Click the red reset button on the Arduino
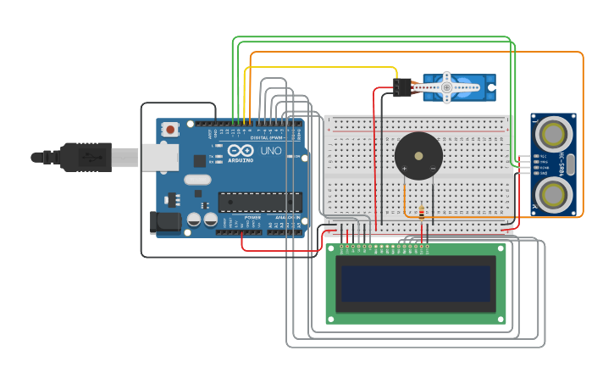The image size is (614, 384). tap(170, 130)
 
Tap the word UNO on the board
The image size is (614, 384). tap(270, 151)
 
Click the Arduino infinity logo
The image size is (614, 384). tap(240, 150)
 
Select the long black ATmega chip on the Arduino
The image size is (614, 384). tap(260, 202)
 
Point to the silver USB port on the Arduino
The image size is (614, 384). tap(159, 158)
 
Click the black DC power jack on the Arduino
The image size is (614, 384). tap(164, 222)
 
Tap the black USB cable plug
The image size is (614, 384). tap(85, 157)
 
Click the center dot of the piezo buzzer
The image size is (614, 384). tap(418, 156)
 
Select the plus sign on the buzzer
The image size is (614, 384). tap(404, 168)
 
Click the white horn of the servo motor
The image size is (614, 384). tap(449, 86)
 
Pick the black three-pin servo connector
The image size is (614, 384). tap(402, 87)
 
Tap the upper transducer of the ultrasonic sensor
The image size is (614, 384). tap(553, 134)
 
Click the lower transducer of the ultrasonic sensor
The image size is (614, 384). tap(553, 195)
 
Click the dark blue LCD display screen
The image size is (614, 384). tap(416, 284)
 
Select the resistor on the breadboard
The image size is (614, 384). tap(422, 212)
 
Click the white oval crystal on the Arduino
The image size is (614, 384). tap(196, 180)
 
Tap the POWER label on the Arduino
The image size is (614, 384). tap(252, 218)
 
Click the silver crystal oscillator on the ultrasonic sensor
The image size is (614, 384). tap(570, 164)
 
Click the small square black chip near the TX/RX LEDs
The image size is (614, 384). tap(200, 160)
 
